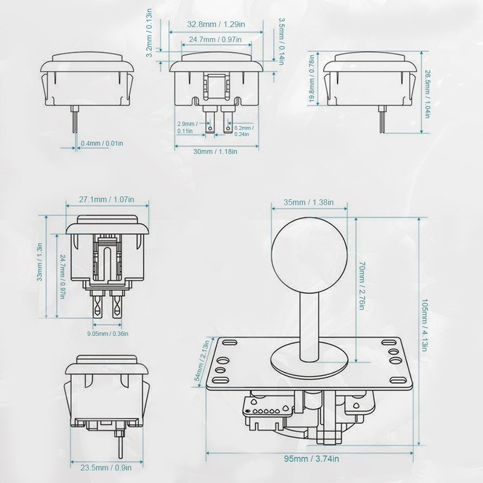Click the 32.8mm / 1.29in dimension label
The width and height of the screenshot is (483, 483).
pos(216,25)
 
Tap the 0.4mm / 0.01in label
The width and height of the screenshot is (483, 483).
pos(102,143)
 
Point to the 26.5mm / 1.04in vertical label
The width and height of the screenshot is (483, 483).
pos(428,94)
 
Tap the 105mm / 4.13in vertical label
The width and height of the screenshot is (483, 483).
pos(427,330)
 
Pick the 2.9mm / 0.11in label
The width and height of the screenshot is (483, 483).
pos(185,127)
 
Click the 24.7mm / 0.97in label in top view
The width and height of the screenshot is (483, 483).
pos(216,39)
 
